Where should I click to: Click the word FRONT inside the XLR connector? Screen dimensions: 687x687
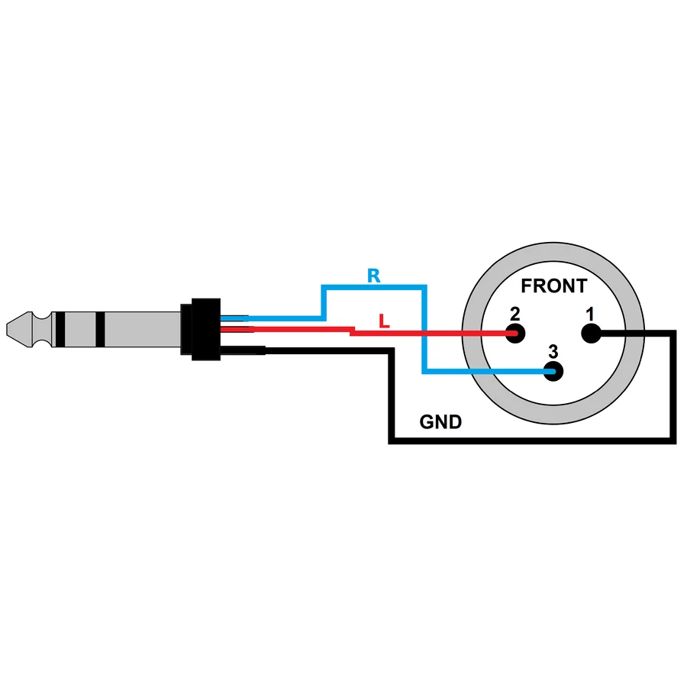554,285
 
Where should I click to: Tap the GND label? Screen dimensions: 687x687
440,422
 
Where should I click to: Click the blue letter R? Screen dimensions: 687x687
374,276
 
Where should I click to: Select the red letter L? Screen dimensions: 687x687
384,321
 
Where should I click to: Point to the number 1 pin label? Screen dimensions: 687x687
590,314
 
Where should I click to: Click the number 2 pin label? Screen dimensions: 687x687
514,314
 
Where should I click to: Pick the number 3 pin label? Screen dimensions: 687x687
553,351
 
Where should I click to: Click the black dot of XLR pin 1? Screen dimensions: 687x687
591,334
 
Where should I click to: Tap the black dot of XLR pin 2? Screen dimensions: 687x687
514,334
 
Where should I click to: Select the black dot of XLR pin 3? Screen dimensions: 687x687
553,372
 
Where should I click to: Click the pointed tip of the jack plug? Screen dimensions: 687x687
7,330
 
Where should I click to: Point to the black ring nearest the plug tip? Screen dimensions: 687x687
60,330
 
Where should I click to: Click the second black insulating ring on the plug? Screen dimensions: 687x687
100,330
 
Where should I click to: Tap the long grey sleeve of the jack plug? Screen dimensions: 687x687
143,330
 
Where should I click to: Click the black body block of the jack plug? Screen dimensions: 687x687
205,330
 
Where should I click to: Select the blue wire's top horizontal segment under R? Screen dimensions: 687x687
374,287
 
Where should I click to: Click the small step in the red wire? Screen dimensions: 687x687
352,331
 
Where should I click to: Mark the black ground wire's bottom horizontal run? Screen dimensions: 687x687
532,440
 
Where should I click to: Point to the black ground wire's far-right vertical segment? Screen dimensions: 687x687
673,387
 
